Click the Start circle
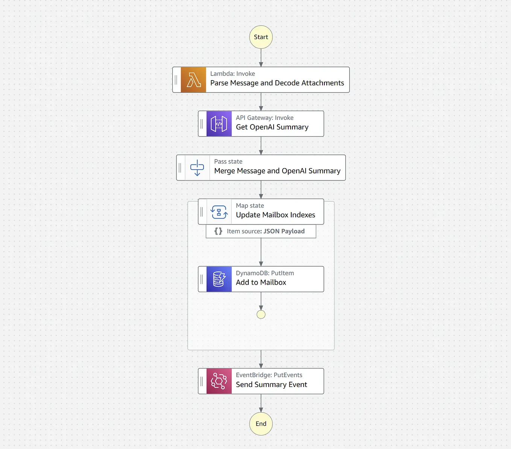[261, 37]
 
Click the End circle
[261, 424]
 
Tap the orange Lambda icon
[193, 80]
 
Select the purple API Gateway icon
[219, 124]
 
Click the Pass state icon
[197, 168]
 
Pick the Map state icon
[219, 212]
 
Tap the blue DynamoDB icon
[219, 279]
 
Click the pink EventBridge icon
[219, 381]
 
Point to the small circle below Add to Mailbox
[261, 314]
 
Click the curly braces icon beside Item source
[218, 231]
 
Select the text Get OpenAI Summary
[272, 127]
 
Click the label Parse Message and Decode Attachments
[277, 83]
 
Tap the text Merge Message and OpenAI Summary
[277, 171]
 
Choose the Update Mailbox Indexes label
[275, 215]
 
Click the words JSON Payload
[284, 231]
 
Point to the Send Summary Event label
[271, 385]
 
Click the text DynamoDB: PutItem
[265, 273]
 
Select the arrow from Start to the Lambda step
[261, 58]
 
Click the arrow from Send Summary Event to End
[261, 403]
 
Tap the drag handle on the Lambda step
[176, 80]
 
